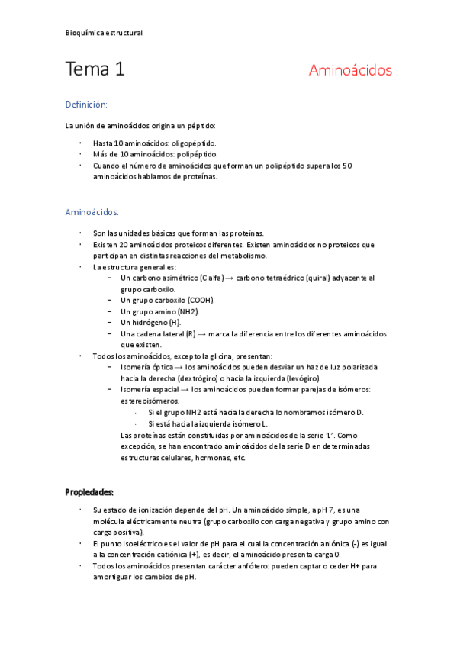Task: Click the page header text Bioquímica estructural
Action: click(x=104, y=33)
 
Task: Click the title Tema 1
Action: click(x=95, y=70)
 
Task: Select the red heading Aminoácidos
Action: click(x=350, y=71)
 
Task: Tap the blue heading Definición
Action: click(x=86, y=104)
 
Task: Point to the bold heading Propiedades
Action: click(x=89, y=492)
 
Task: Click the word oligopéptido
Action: click(x=192, y=143)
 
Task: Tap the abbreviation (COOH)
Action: click(x=200, y=301)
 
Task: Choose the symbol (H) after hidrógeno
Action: click(x=173, y=323)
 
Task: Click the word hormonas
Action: click(x=211, y=458)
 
